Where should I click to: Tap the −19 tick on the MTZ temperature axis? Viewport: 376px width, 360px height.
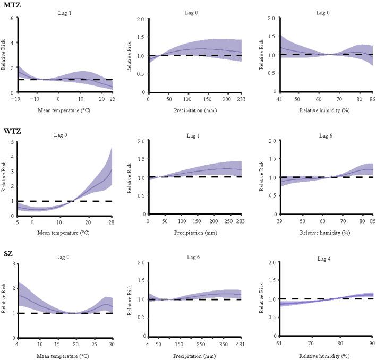point(18,99)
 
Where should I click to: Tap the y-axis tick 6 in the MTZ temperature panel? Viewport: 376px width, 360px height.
point(12,18)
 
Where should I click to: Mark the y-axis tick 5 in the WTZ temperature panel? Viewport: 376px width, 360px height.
point(12,141)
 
